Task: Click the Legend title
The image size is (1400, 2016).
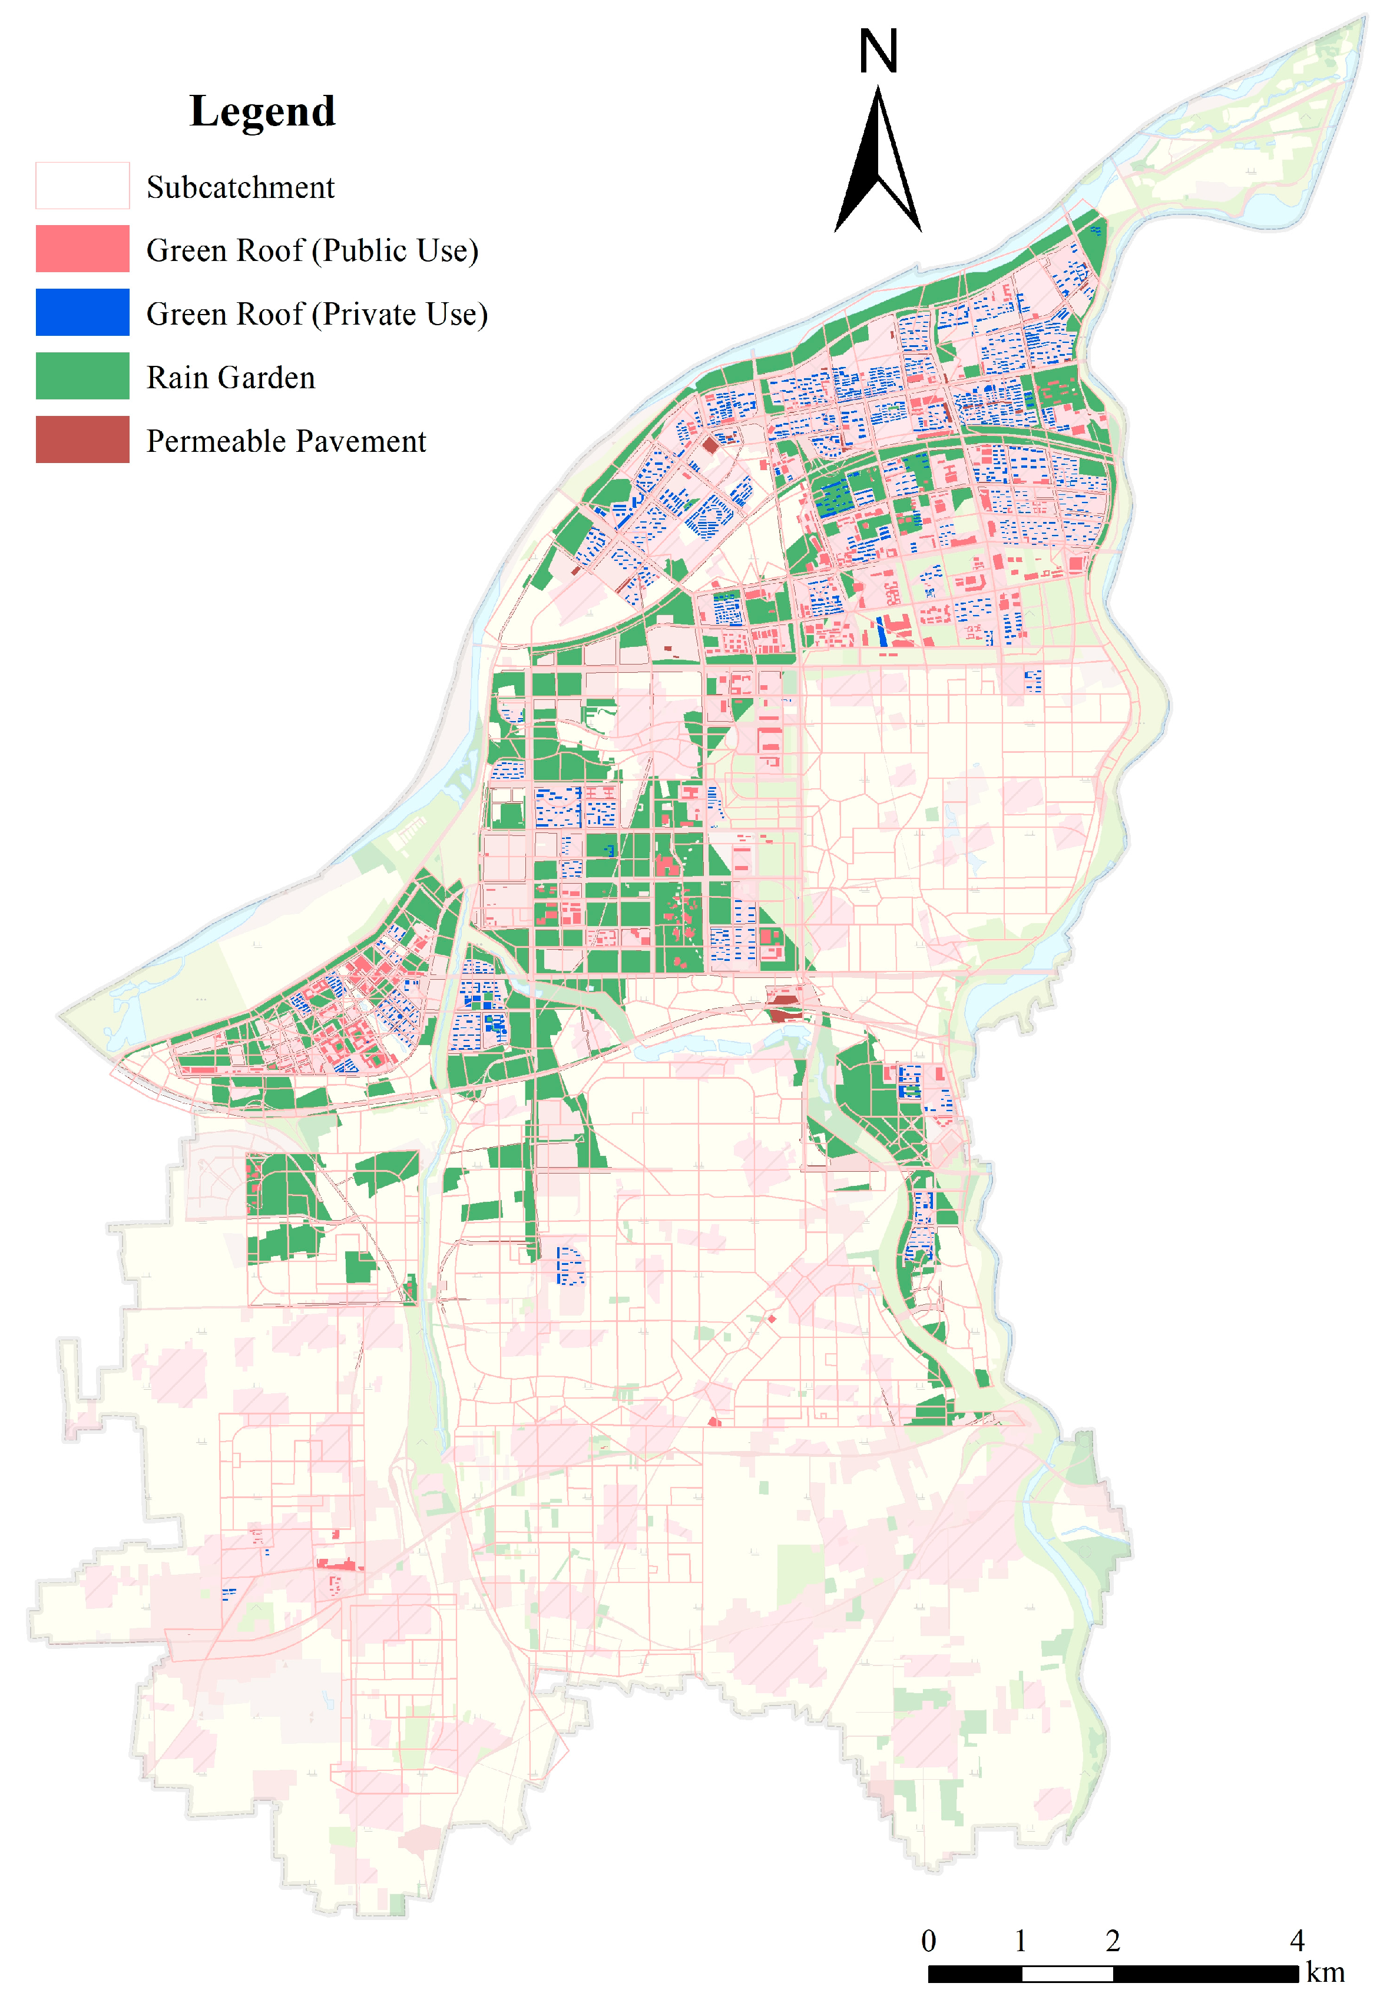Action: click(x=262, y=111)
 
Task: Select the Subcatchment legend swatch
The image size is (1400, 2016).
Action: click(x=82, y=186)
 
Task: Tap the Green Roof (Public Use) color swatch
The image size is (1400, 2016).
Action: click(x=82, y=249)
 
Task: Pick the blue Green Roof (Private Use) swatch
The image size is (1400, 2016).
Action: click(x=82, y=312)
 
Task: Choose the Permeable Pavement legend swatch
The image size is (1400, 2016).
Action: click(x=82, y=439)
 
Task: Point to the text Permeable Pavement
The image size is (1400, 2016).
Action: click(x=286, y=441)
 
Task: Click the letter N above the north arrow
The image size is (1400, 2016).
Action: click(x=878, y=52)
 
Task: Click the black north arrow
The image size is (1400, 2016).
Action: click(x=878, y=167)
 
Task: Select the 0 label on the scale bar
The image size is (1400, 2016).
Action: click(x=928, y=1941)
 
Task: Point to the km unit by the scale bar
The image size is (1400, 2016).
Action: click(x=1325, y=1973)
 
